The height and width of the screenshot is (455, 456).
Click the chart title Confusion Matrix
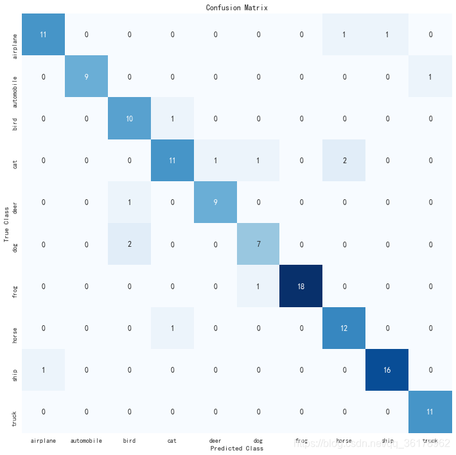(237, 8)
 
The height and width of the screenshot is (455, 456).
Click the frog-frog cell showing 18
(301, 286)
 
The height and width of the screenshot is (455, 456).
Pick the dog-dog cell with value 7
(258, 244)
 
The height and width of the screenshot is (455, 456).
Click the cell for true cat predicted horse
(344, 161)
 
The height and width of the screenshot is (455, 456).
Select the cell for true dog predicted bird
(130, 244)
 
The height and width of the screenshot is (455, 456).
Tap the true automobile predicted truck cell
(430, 77)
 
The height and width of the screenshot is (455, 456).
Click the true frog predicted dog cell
(258, 286)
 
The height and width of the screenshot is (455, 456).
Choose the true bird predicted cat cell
(172, 119)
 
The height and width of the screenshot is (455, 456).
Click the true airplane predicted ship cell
(387, 35)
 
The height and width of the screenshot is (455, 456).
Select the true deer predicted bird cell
(130, 202)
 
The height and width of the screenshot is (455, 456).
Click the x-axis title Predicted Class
(237, 449)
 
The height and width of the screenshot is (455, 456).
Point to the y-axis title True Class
(6, 223)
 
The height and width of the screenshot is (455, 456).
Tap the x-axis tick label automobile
(87, 441)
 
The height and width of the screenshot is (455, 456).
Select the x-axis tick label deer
(215, 441)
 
